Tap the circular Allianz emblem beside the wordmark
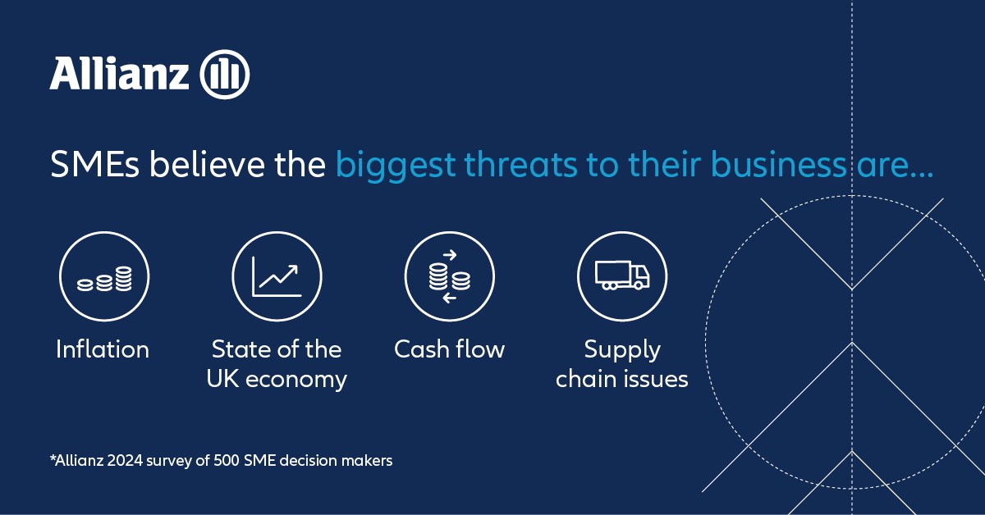coord(225,76)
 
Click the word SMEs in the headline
coord(91,166)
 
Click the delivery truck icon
coord(622,276)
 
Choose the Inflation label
coord(103,349)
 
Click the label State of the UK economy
coord(277,364)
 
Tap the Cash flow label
coord(450,349)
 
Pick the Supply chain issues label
coord(622,364)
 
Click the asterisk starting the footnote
coord(53,459)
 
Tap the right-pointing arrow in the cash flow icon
coord(449,255)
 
